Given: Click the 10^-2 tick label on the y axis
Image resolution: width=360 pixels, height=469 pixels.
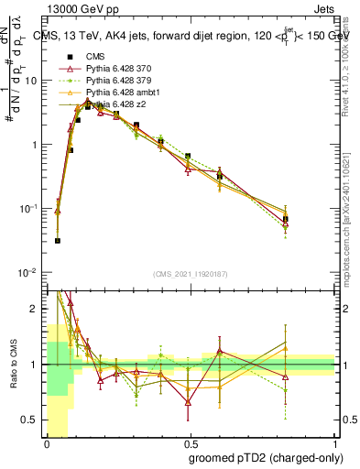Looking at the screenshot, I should point(28,273).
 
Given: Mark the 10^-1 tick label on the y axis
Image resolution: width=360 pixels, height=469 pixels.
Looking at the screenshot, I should point(28,209).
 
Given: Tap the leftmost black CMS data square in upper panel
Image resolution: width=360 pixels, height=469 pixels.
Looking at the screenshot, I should point(58,241).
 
